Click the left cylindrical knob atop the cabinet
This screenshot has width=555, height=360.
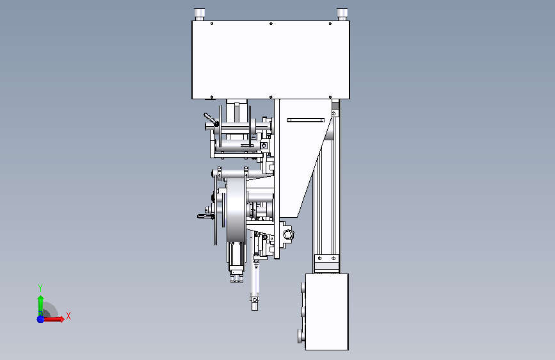tap(200, 14)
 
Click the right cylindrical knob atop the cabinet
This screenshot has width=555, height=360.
tap(342, 14)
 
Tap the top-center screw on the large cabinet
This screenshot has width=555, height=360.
tap(271, 24)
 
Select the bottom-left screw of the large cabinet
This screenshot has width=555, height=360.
tap(212, 97)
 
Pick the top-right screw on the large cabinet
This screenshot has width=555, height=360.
tap(330, 24)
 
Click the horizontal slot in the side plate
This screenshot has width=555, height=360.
tap(306, 120)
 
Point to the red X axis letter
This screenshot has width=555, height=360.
tap(68, 316)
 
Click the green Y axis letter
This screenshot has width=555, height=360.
tap(40, 288)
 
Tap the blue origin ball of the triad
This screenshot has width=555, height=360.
tap(41, 319)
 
